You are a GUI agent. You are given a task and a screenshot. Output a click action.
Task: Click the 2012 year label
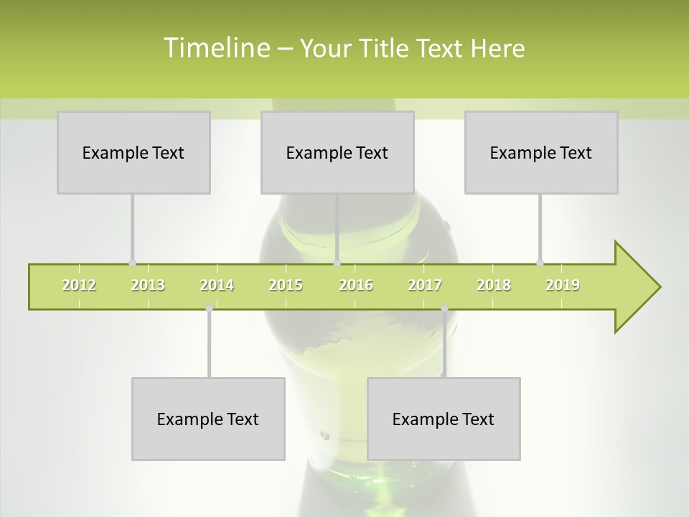pos(79,285)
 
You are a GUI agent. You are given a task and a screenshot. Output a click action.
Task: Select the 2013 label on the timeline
pos(148,285)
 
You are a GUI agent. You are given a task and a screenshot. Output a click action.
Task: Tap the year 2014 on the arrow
pos(217,285)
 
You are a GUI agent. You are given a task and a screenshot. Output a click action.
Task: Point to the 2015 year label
pos(286,285)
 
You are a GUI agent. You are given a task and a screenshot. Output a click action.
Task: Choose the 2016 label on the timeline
pos(356,285)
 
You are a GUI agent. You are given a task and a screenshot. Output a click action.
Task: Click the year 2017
pos(425,285)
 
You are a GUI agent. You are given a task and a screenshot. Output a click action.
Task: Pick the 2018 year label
pos(494,285)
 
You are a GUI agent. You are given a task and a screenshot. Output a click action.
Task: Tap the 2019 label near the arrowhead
pos(563,285)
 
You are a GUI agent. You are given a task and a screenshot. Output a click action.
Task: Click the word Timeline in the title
pos(215,48)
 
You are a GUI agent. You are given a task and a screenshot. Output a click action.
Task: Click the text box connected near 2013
pos(133,152)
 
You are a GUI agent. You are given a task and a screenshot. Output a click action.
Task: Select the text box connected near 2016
pos(337,152)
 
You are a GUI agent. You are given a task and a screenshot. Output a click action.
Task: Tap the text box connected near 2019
pos(541,152)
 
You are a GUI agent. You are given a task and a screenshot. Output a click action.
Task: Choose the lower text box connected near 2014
pos(208,419)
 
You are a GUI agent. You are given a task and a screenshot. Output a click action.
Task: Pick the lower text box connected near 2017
pos(444,419)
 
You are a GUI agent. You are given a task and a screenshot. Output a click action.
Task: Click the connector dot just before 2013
pos(132,263)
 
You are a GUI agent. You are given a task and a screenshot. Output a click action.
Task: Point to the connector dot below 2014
pos(209,309)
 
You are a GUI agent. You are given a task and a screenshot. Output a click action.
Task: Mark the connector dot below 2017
pos(444,309)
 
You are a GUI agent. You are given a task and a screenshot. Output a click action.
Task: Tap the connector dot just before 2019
pos(540,263)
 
